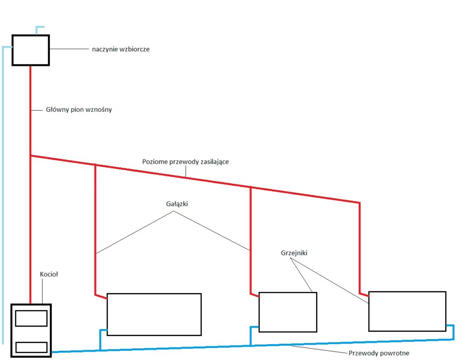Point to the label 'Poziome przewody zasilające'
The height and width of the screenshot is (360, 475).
pyautogui.click(x=185, y=162)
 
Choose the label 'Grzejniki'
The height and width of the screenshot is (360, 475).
pyautogui.click(x=294, y=253)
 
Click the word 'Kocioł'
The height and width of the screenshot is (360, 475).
pyautogui.click(x=49, y=274)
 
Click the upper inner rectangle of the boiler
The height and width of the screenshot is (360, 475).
pyautogui.click(x=31, y=318)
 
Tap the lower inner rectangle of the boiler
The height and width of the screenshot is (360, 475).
pyautogui.click(x=31, y=347)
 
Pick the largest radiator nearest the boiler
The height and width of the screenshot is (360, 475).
pyautogui.click(x=154, y=314)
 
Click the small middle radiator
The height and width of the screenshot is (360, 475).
pyautogui.click(x=288, y=312)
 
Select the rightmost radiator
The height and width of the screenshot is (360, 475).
pyautogui.click(x=407, y=311)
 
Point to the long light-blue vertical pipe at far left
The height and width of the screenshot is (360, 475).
pyautogui.click(x=3, y=195)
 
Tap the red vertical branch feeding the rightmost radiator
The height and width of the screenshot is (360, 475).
pyautogui.click(x=359, y=246)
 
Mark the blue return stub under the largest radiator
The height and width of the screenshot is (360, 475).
pyautogui.click(x=100, y=339)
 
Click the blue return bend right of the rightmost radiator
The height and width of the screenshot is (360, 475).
pyautogui.click(x=453, y=332)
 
